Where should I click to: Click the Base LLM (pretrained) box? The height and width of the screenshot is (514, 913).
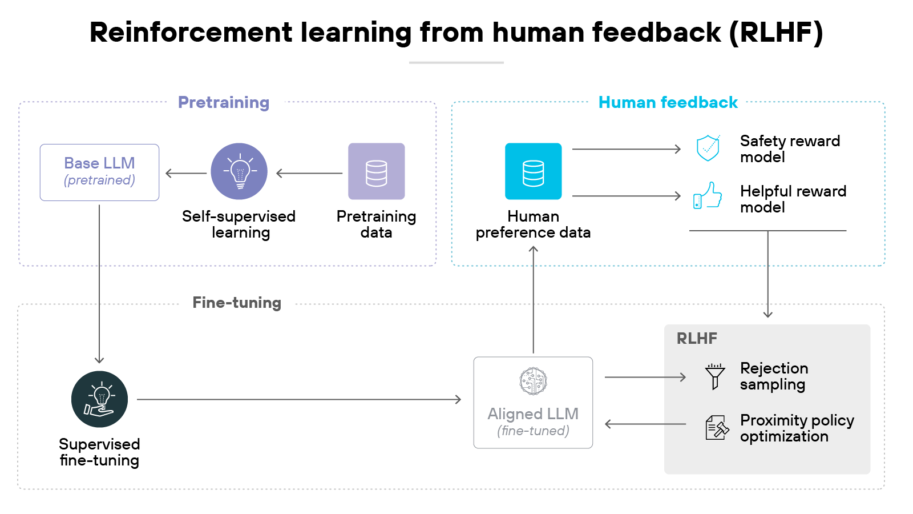tap(99, 172)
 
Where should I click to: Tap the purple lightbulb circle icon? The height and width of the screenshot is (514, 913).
tap(239, 171)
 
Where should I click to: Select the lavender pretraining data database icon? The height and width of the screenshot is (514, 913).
tap(376, 171)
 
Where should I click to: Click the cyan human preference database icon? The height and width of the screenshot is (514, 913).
tap(533, 171)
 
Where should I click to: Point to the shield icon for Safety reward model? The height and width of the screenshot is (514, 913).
tap(708, 148)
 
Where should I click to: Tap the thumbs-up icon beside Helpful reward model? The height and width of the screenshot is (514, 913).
tap(708, 195)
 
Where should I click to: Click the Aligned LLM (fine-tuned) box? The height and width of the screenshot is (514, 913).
tap(533, 403)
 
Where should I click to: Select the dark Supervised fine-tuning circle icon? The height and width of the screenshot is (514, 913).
tap(99, 399)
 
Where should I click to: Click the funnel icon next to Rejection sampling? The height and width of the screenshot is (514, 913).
tap(714, 376)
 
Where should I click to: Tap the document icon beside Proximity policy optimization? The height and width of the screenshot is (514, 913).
tap(717, 428)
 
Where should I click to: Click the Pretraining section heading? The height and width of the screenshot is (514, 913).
tap(224, 102)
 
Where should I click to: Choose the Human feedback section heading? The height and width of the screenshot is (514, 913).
tap(668, 102)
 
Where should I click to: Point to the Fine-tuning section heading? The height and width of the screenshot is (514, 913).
tap(237, 303)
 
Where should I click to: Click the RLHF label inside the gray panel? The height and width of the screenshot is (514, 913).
tap(697, 339)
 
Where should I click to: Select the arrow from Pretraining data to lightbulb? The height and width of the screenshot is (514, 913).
tap(309, 173)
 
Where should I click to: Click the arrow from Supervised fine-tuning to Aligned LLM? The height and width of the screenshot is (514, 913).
tap(298, 399)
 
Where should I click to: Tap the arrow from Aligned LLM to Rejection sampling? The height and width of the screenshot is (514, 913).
tap(645, 377)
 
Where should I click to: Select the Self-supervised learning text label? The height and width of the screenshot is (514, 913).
tap(239, 224)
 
